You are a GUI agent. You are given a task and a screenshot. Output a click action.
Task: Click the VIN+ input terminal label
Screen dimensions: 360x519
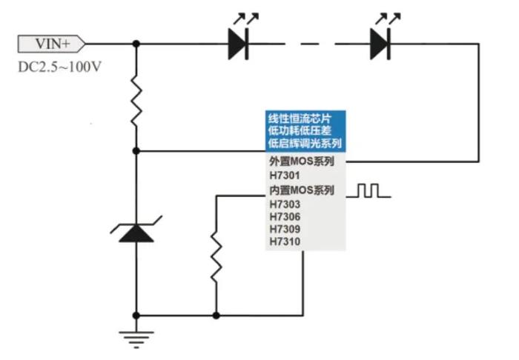point(51,44)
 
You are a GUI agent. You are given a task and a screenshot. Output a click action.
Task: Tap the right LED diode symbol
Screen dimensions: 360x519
point(380,44)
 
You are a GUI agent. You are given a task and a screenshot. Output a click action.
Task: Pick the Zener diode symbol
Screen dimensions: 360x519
point(136,231)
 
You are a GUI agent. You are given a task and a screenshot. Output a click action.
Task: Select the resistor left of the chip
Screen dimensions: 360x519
point(216,256)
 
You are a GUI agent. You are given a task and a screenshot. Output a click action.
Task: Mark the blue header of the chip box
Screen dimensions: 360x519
point(305,131)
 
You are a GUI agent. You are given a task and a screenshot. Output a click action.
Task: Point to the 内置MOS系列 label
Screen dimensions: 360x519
point(300,190)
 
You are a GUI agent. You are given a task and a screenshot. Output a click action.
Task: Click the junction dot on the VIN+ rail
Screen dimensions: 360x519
point(136,44)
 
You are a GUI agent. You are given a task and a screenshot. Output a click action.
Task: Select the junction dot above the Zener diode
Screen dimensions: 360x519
point(136,150)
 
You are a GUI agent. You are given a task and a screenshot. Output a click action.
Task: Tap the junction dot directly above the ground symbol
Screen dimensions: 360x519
point(136,315)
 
